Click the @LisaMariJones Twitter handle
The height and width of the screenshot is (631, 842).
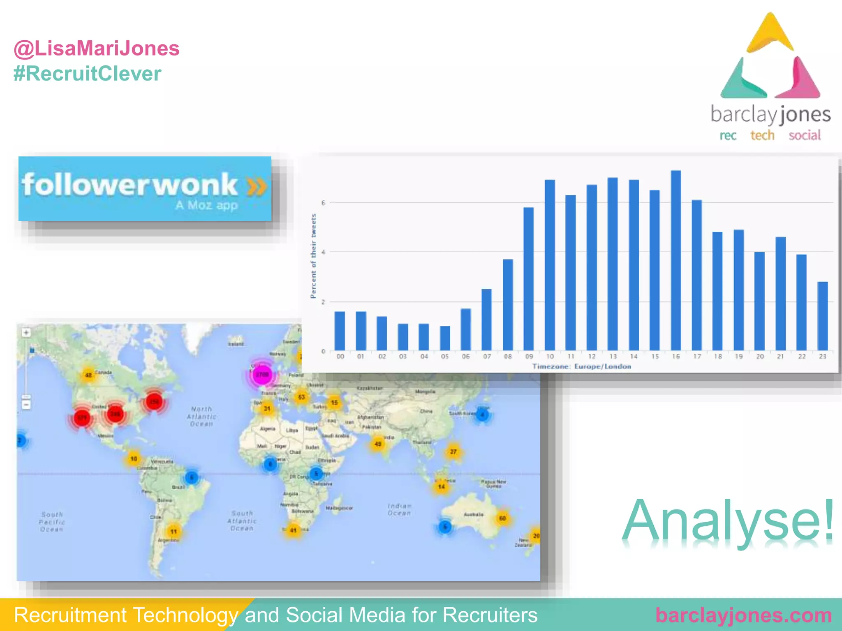[97, 48]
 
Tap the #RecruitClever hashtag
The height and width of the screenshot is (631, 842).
[87, 74]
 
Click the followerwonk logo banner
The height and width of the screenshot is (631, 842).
[145, 189]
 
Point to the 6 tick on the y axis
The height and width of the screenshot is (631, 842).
[323, 203]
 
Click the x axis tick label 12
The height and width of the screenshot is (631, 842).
[592, 357]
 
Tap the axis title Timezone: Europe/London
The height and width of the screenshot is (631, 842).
[582, 366]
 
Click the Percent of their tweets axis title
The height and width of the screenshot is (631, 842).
[313, 256]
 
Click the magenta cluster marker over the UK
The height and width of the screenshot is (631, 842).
[262, 374]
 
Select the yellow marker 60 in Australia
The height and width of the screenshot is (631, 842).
[502, 518]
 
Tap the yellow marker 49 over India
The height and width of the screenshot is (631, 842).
[378, 444]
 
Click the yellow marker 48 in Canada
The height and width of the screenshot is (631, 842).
[88, 375]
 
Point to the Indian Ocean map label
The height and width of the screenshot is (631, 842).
[399, 509]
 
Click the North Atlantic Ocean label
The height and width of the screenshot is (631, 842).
[201, 416]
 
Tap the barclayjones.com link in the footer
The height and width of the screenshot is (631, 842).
[743, 615]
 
